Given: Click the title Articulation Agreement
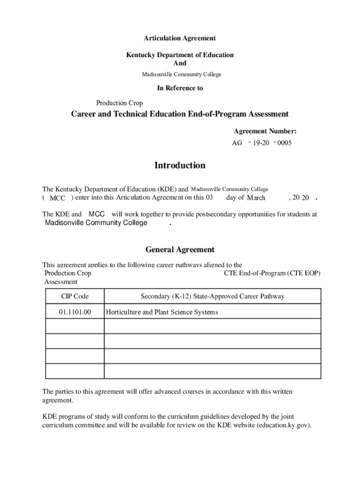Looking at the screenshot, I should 180,38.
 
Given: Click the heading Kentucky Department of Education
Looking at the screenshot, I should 180,55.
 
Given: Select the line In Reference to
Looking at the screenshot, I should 180,88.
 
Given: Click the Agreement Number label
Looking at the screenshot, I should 265,131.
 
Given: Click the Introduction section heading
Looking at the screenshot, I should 180,166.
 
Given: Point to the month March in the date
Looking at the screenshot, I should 256,198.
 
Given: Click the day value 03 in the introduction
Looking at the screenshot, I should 209,197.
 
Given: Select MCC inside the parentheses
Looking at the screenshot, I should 58,198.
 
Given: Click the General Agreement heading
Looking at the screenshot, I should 180,250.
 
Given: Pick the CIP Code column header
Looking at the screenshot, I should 75,297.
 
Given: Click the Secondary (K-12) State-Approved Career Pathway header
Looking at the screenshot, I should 212,297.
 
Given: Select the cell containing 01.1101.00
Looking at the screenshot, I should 75,312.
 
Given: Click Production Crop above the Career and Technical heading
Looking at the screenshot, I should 119,103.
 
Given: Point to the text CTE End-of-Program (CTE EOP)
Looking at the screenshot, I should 272,273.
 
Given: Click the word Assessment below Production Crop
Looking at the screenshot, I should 61,282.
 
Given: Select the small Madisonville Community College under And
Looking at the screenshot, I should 181,74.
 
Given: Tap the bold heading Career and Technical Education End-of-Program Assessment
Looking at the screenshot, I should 180,114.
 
